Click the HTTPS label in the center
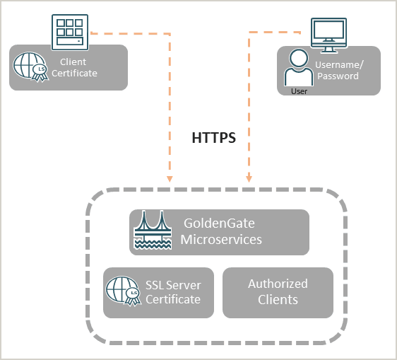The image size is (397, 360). (x=213, y=138)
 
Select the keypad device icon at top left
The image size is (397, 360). (x=71, y=31)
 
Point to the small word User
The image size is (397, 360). (x=299, y=91)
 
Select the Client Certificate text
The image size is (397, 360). (x=78, y=68)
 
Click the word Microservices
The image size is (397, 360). (x=221, y=240)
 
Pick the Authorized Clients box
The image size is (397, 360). (x=278, y=292)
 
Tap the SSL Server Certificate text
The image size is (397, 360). (x=173, y=292)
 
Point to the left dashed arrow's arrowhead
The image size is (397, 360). (x=170, y=178)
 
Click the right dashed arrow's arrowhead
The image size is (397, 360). (x=247, y=178)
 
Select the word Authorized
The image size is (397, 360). (x=278, y=284)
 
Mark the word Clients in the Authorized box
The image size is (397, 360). (x=278, y=300)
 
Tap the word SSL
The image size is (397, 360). (x=157, y=285)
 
